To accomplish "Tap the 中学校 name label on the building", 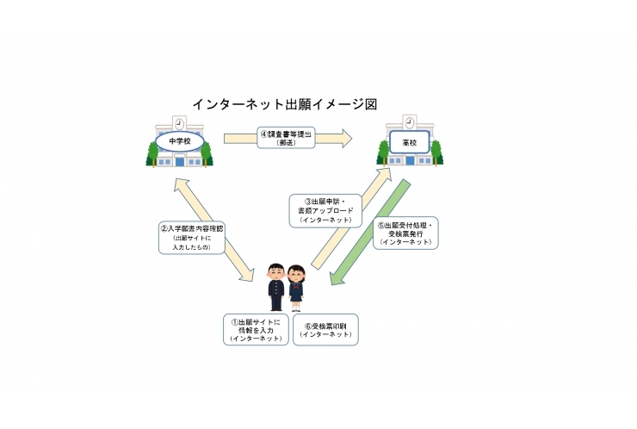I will coord(179,140).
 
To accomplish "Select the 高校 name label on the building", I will coord(409,140).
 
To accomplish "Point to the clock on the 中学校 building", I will coord(179,122).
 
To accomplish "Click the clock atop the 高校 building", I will coord(409,122).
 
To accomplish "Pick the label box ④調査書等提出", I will coord(287,138).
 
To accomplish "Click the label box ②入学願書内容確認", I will coord(191,237).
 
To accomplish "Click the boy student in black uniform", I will coord(275,287).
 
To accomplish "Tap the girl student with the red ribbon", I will coord(296,287).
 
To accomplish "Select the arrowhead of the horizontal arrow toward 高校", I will coord(346,138).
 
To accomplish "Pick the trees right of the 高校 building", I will coord(436,153).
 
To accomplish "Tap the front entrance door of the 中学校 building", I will coord(179,161).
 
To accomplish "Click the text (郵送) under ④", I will coord(287,144).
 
